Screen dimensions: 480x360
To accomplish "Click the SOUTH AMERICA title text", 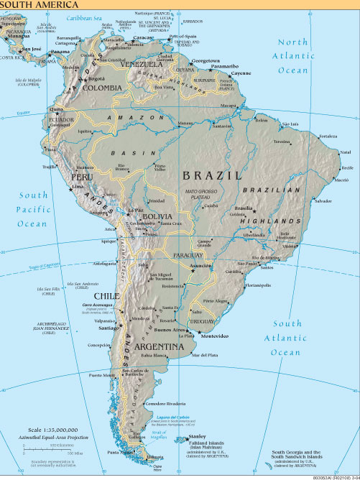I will (30, 4).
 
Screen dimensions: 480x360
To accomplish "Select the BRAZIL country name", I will (211, 175).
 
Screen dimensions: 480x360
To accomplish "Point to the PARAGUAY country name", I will (188, 255).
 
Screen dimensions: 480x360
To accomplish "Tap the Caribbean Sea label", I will (83, 16).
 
